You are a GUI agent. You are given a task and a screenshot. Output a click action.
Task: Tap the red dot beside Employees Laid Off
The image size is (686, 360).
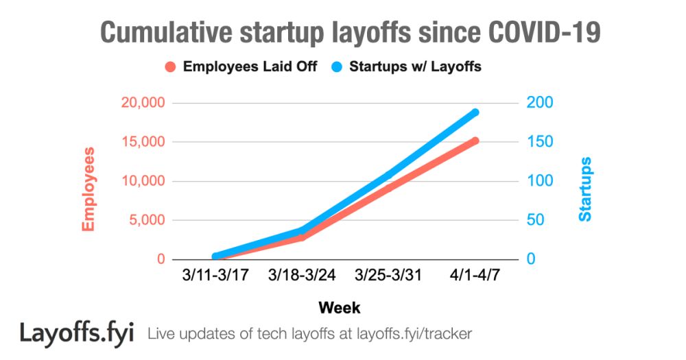pos(171,67)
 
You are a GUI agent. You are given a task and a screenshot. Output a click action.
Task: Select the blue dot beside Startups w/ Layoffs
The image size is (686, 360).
pos(337,67)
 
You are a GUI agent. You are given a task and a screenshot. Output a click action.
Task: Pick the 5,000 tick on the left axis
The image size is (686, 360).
pos(144,220)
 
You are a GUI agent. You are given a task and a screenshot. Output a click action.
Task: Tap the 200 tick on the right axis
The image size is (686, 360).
pos(539,103)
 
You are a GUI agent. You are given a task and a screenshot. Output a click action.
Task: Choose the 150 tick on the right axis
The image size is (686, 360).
pos(539,142)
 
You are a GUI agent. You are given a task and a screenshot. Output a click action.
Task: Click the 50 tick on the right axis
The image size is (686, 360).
pos(536,220)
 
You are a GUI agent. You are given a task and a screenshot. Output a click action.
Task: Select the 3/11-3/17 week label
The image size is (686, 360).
pos(215,276)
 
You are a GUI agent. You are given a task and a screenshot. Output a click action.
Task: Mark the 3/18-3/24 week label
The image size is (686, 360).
pos(302,276)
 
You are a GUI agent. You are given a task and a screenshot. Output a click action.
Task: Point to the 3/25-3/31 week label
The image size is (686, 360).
pos(388,276)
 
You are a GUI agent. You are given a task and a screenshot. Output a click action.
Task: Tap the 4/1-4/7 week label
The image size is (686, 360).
pos(475,276)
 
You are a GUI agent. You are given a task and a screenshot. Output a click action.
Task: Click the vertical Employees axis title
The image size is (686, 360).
pos(88,189)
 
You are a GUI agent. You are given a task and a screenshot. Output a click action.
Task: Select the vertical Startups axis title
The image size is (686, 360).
pos(585,189)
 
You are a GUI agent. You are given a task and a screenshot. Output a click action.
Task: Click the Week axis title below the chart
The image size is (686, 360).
pos(339,307)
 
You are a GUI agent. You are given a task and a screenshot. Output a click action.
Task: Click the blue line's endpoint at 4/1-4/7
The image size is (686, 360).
pos(475,112)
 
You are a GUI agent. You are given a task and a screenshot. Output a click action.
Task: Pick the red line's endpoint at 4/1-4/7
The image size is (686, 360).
pos(475,141)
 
